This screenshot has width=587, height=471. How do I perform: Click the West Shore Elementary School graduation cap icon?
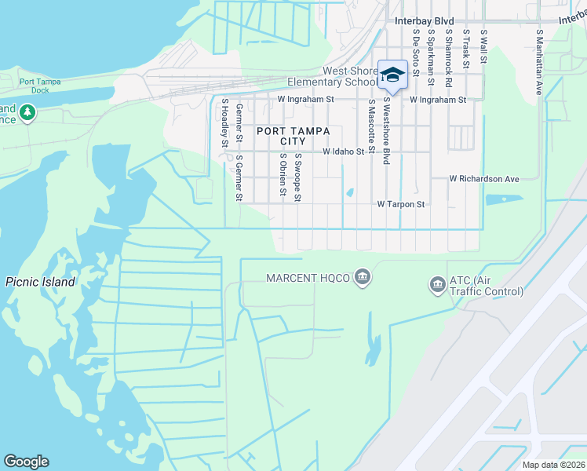(x=392, y=75)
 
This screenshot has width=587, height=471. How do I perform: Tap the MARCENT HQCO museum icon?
(x=362, y=276)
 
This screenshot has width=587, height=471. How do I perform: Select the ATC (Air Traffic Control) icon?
(x=437, y=284)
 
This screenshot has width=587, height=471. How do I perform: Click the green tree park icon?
(x=28, y=113)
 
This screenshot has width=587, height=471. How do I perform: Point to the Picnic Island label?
(x=40, y=282)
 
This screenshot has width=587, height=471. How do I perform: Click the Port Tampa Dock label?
(x=35, y=85)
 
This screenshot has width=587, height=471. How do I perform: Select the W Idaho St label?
(x=344, y=152)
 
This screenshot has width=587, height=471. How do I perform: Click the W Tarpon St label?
(x=400, y=204)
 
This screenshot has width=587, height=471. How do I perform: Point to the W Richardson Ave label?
(x=484, y=179)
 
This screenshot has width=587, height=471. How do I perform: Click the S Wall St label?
(x=484, y=47)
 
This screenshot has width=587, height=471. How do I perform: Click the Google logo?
(x=26, y=462)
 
